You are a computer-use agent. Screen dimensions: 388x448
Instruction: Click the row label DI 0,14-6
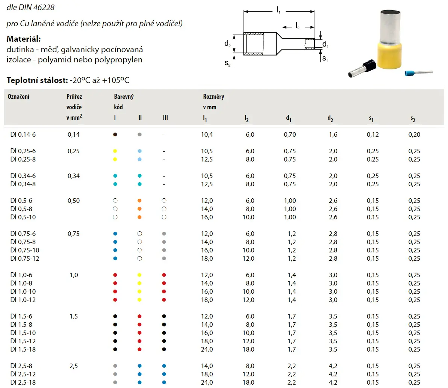click(x=23, y=134)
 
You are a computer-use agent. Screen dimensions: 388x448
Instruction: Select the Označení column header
click(x=18, y=97)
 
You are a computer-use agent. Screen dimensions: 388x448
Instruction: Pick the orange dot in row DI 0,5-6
click(x=139, y=201)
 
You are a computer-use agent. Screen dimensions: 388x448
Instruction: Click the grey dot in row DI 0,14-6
click(x=139, y=134)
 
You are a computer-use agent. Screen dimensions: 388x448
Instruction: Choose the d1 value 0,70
click(x=290, y=134)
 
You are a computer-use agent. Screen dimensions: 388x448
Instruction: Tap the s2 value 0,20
click(x=414, y=134)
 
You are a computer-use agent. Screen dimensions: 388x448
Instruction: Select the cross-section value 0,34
click(x=74, y=176)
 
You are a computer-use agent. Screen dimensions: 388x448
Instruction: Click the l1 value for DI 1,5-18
click(x=207, y=349)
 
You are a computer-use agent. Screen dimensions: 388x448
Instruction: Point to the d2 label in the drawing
click(x=227, y=44)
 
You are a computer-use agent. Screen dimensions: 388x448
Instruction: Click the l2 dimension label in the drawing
click(x=298, y=26)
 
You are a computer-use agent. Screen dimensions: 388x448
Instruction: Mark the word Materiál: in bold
click(x=24, y=39)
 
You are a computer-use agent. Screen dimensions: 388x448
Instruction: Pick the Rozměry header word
click(x=213, y=97)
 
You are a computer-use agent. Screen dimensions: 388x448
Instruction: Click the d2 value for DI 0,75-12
click(x=333, y=258)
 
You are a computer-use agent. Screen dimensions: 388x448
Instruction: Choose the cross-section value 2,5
click(x=74, y=366)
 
